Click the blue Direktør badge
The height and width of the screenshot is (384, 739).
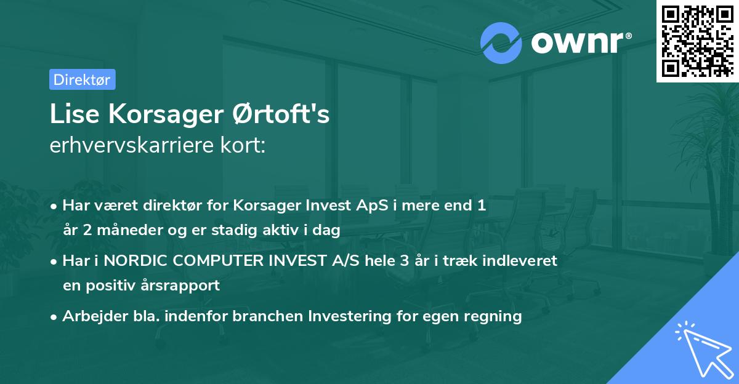82,79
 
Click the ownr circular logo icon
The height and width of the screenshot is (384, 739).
501,43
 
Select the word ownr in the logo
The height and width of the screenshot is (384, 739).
579,43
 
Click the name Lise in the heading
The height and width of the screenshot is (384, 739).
71,115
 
